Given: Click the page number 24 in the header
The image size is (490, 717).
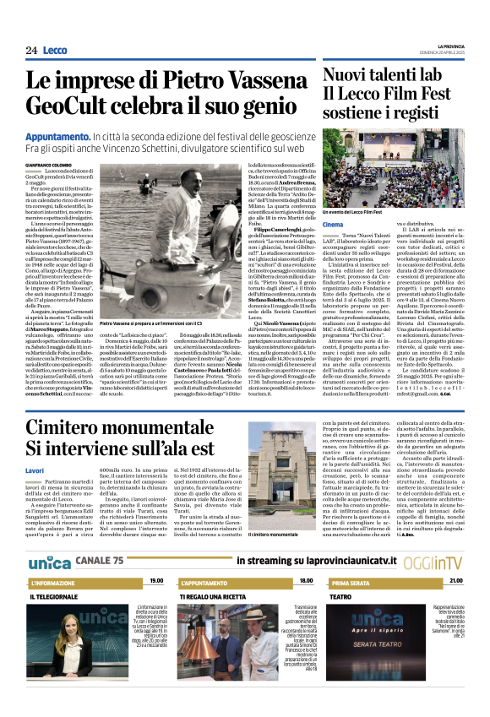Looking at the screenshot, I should pyautogui.click(x=31, y=51).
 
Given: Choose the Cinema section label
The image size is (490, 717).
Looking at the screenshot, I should pyautogui.click(x=333, y=225).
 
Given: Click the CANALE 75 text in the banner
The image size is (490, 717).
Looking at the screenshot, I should pyautogui.click(x=99, y=561).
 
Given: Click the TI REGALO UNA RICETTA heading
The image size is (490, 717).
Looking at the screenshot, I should pyautogui.click(x=215, y=596).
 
